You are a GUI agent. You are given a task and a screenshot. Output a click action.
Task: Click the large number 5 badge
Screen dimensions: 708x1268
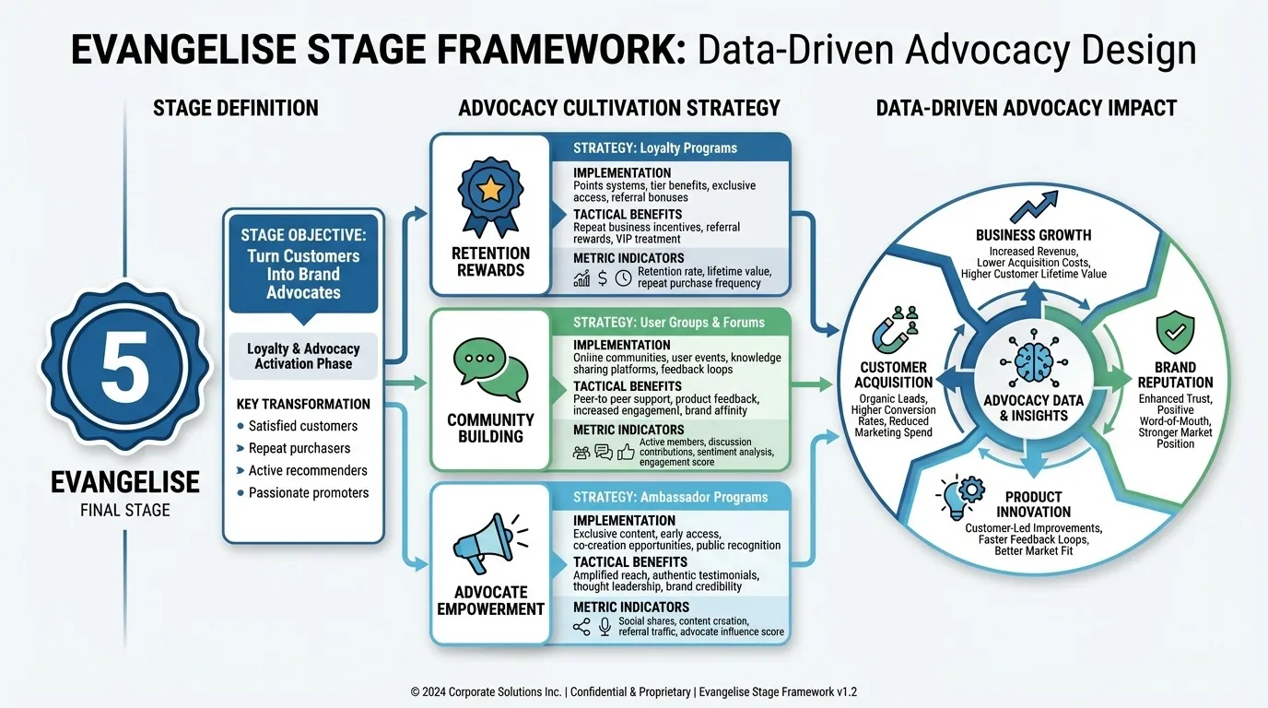124,368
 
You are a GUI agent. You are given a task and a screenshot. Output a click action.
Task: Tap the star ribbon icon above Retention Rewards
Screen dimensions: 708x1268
490,193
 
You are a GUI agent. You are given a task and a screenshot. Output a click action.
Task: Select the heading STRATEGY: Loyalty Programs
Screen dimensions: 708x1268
654,147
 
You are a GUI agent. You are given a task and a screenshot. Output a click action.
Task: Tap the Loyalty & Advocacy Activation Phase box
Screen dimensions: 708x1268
303,356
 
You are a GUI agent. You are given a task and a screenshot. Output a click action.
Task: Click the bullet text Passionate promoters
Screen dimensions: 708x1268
309,492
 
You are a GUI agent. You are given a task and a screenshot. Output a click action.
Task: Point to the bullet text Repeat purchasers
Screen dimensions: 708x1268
299,448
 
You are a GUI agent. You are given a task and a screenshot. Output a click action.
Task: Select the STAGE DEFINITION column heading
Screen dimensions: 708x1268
235,108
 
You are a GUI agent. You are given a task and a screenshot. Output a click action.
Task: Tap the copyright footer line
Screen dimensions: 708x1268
634,691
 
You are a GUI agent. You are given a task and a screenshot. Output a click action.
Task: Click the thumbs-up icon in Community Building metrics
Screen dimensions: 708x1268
627,452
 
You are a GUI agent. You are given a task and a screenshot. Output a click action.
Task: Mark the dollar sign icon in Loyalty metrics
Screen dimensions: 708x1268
602,277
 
